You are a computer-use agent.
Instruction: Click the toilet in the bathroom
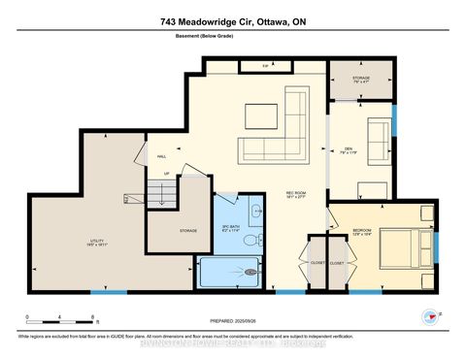[250, 238]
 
